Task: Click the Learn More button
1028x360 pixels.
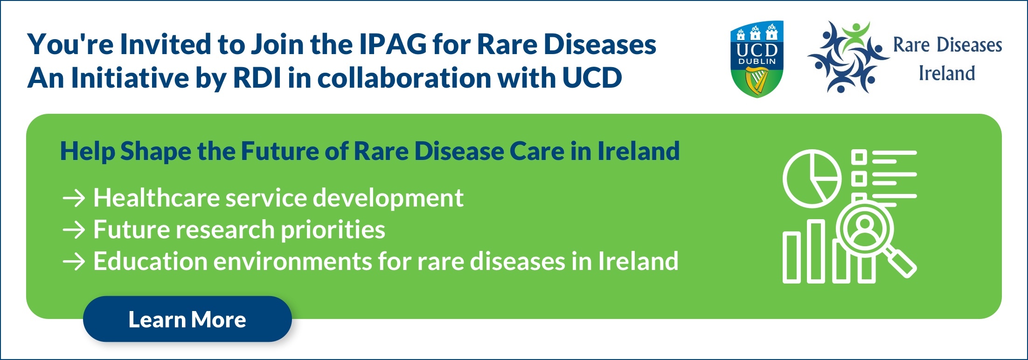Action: click(x=188, y=319)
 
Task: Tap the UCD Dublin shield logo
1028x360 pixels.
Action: click(x=757, y=59)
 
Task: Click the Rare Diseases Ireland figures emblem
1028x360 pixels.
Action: click(x=848, y=57)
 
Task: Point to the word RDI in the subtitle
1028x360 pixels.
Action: click(x=257, y=77)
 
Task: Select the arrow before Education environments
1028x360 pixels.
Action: click(x=74, y=262)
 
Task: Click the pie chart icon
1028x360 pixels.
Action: click(x=812, y=179)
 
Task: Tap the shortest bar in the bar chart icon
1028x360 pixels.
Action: click(x=791, y=258)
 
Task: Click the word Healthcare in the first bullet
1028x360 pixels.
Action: click(x=156, y=198)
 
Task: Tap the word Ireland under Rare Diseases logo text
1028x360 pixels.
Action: click(x=947, y=73)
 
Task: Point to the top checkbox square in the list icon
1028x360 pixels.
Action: click(x=859, y=157)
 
